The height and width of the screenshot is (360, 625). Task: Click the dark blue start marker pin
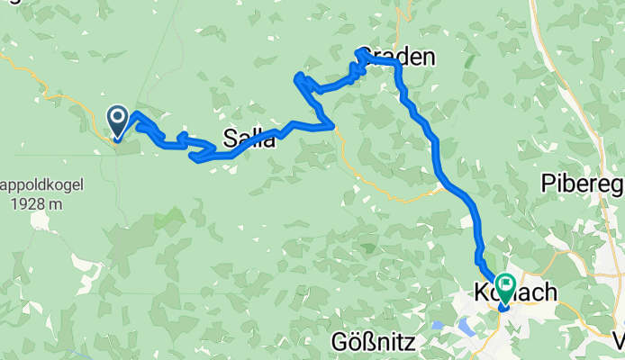pyautogui.click(x=118, y=120)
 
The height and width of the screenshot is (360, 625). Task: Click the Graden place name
pyautogui.click(x=396, y=58)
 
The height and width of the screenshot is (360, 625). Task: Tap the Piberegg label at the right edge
pyautogui.click(x=582, y=183)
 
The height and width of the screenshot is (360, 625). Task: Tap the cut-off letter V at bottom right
pyautogui.click(x=619, y=341)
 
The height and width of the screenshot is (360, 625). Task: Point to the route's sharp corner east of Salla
pyautogui.click(x=332, y=126)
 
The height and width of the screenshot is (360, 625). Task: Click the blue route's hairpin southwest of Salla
pyautogui.click(x=194, y=157)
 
